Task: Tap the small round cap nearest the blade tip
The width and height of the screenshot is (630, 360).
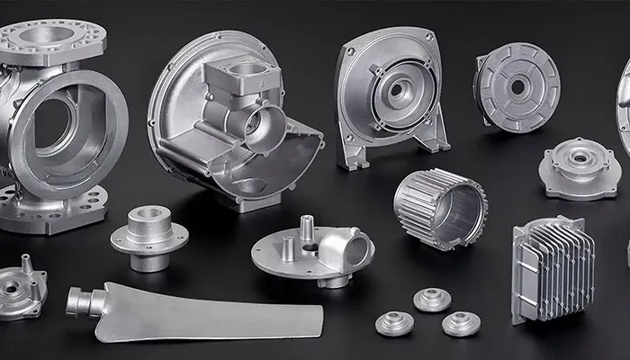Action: click(x=394, y=323)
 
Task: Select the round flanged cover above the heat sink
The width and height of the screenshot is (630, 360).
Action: click(x=580, y=168)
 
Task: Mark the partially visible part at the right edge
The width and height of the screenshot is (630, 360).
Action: click(x=623, y=108)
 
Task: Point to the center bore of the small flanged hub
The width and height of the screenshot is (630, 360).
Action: click(x=149, y=215)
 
